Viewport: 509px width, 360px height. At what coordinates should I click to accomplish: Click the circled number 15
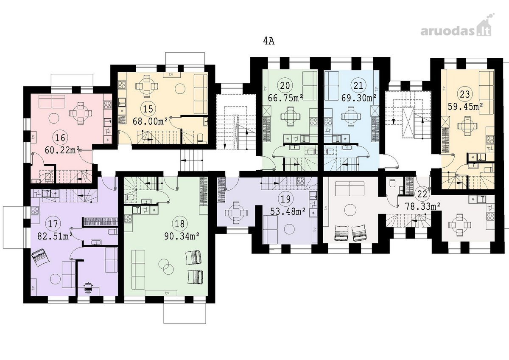148,109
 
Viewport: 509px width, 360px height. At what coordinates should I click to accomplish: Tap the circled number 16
60,138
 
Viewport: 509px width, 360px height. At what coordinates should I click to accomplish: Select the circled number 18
180,224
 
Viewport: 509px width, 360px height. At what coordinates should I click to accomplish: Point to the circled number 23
465,94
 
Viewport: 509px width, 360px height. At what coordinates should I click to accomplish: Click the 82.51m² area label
55,236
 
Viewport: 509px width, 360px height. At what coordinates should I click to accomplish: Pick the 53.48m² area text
288,211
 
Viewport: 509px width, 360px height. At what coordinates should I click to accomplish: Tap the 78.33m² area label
423,206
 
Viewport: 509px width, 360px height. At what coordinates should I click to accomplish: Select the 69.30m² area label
359,98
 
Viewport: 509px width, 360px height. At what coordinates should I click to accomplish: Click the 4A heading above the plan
269,41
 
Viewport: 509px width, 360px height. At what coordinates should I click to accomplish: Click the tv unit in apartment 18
161,293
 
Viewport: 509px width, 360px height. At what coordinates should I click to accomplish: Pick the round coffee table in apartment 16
54,118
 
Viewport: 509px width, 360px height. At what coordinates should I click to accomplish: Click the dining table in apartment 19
236,213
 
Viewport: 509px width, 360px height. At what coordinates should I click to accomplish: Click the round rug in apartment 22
350,209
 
